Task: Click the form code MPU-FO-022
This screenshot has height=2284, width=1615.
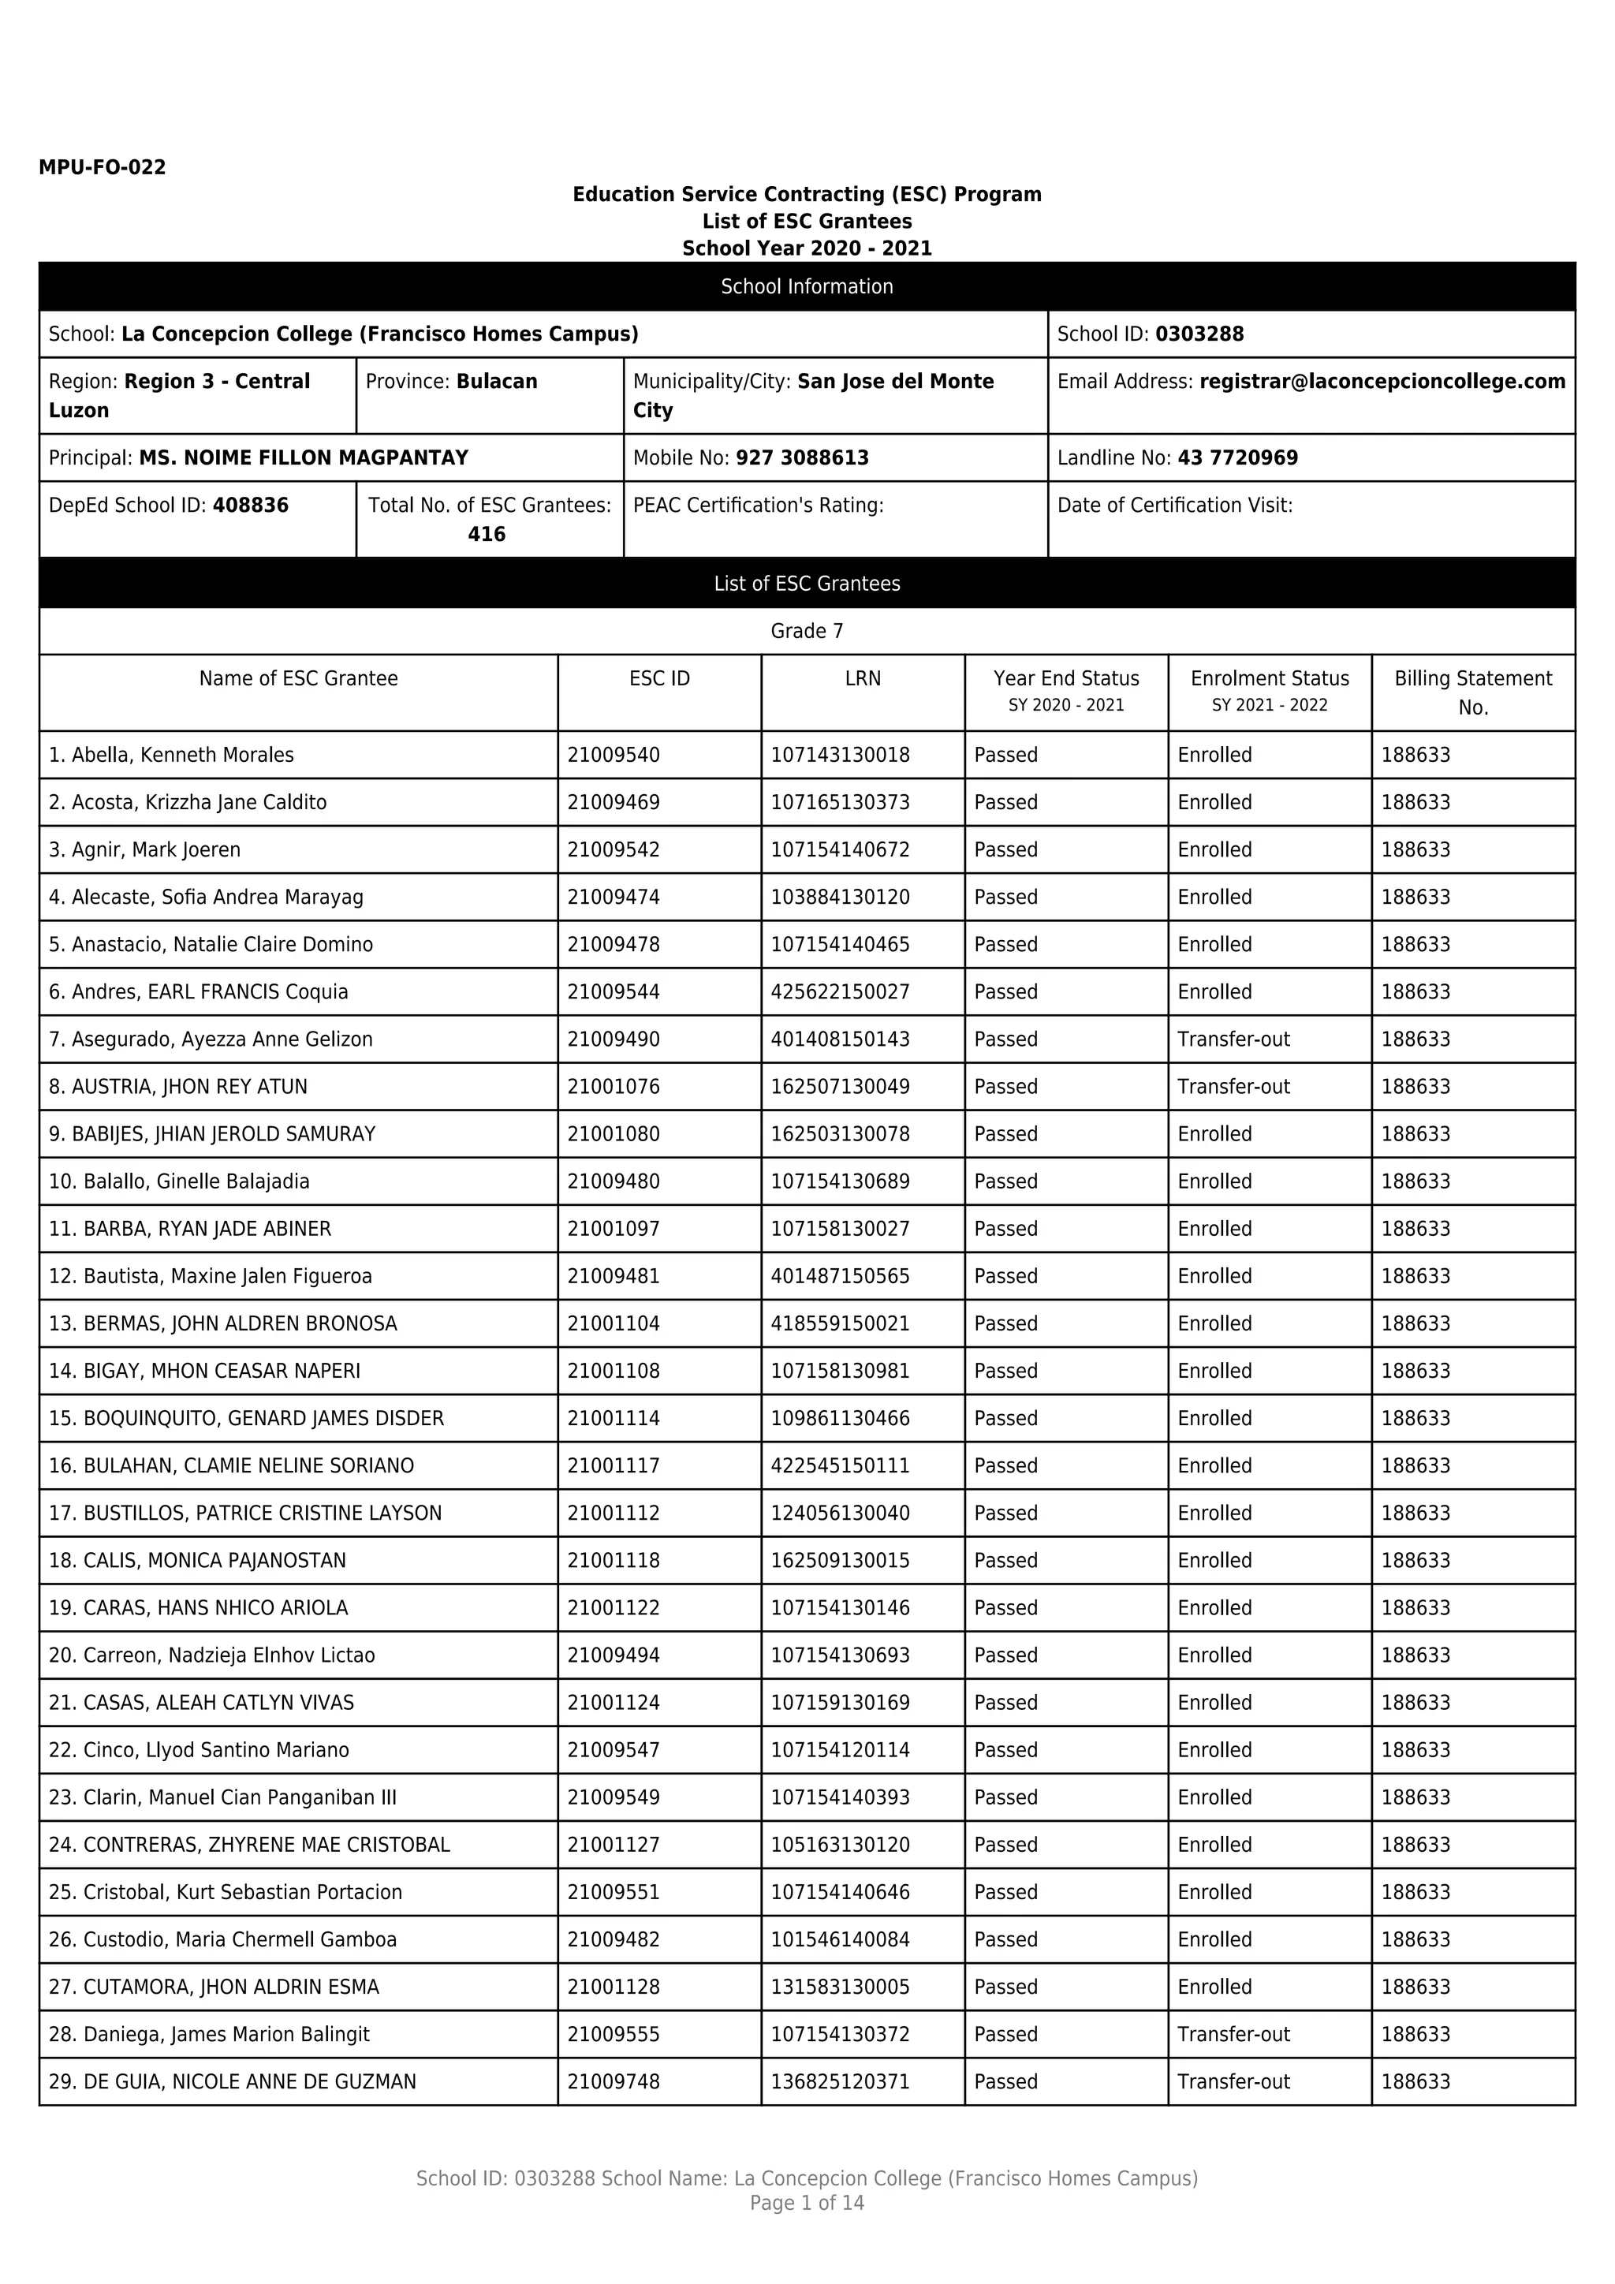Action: tap(102, 167)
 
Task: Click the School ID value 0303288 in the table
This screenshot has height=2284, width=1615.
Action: tap(1199, 334)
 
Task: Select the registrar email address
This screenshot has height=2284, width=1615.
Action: tap(1382, 382)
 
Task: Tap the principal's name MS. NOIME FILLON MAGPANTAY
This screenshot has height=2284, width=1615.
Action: tap(304, 458)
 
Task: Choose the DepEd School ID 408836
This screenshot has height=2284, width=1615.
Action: tap(251, 506)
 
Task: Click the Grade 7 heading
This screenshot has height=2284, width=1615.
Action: tap(807, 632)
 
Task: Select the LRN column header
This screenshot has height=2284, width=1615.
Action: tap(862, 678)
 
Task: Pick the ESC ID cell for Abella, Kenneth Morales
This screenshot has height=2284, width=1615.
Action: tap(614, 755)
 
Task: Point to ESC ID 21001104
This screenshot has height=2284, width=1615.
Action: tap(614, 1324)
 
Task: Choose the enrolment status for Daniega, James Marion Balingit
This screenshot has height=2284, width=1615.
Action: tap(1233, 2034)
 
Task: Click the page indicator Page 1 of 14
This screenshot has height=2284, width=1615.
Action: tap(807, 2204)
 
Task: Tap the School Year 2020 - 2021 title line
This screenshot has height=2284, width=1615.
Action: tap(807, 248)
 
